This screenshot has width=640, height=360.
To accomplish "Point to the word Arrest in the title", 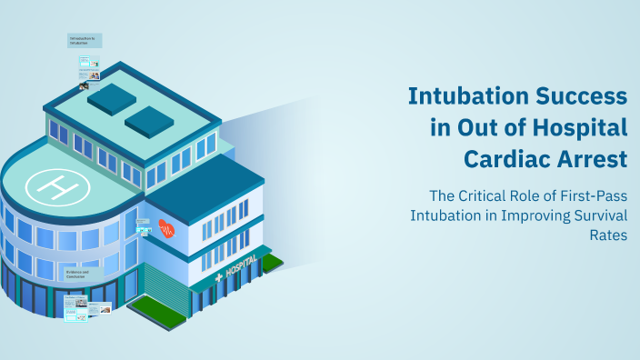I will click(x=594, y=158).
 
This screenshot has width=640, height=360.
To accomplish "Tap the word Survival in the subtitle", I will click(x=594, y=216).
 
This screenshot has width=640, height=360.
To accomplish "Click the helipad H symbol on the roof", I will click(x=57, y=188).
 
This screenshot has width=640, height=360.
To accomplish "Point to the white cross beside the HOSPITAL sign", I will click(x=218, y=277).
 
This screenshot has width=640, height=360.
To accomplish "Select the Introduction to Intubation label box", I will click(x=84, y=41).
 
